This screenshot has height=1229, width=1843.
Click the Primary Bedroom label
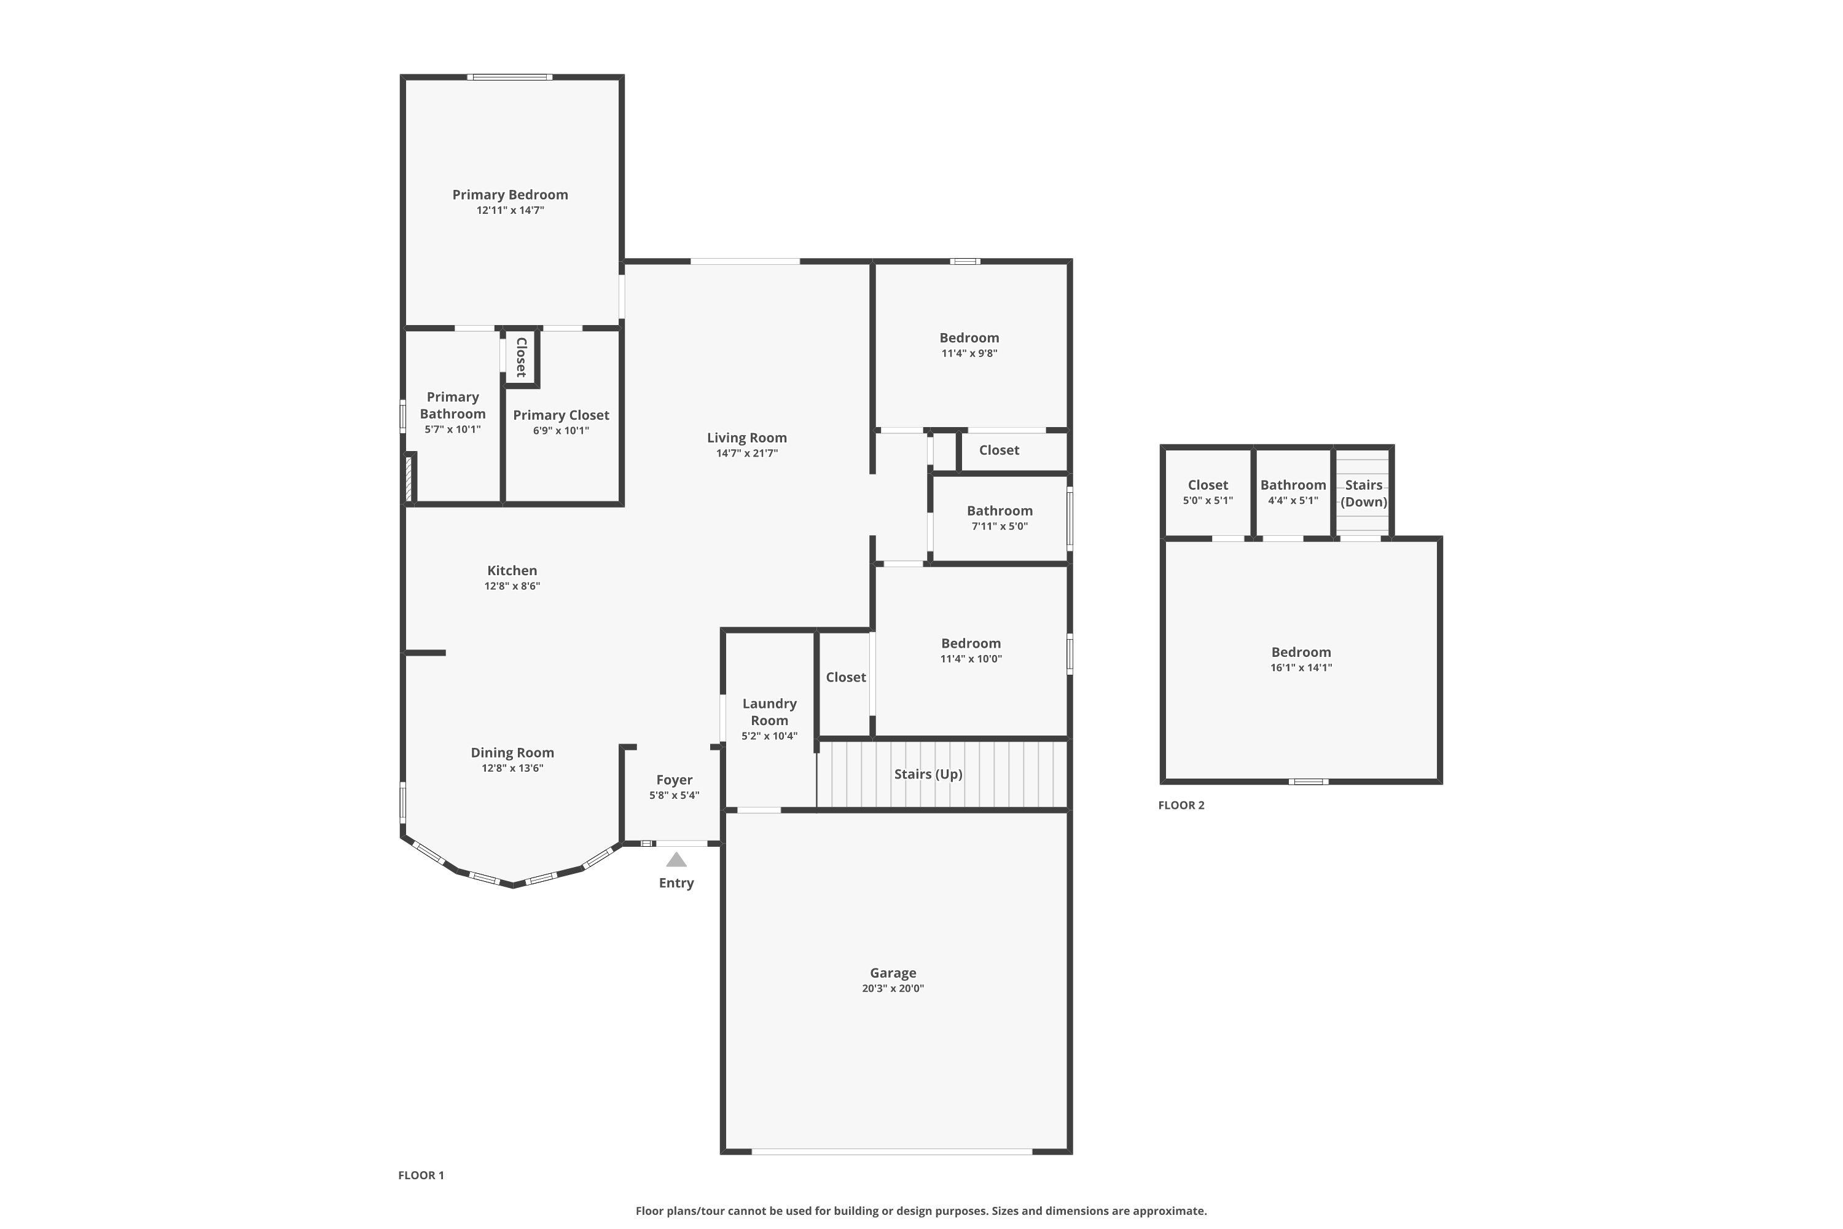(510, 194)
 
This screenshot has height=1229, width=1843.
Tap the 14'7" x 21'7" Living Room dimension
(747, 453)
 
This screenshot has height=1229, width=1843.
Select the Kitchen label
(512, 571)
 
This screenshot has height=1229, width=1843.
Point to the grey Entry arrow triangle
(676, 860)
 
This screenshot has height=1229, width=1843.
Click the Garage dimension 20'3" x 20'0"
(893, 988)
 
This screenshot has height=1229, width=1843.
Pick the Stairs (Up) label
(928, 774)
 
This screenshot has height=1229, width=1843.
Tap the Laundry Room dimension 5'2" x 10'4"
(770, 736)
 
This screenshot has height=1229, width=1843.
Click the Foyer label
(674, 780)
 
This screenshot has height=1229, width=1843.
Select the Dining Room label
(512, 752)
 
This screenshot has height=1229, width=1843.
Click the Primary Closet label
(561, 415)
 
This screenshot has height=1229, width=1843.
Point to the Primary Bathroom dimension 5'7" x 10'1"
(453, 430)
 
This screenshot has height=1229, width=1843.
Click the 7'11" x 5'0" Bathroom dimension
(1000, 526)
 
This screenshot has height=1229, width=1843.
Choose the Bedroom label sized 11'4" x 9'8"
(969, 338)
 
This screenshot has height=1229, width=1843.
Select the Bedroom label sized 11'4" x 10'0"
(971, 643)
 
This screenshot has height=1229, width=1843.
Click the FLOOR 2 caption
(1181, 805)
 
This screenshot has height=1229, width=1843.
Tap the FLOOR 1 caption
(421, 1175)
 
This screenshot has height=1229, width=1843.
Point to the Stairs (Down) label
(1363, 493)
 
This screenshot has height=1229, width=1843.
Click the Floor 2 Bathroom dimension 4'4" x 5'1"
(1293, 500)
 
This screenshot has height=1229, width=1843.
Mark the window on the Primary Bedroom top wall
(510, 77)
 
